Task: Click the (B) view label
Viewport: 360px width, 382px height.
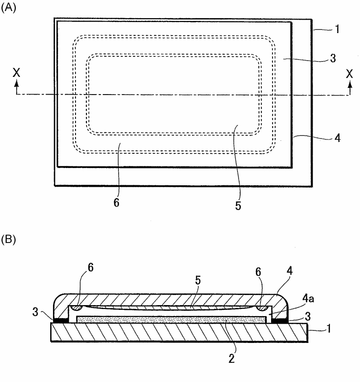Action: tap(8, 239)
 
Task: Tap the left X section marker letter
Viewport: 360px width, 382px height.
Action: tap(17, 73)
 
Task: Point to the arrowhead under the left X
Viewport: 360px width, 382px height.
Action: tap(17, 83)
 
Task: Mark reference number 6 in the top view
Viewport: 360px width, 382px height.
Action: tap(116, 202)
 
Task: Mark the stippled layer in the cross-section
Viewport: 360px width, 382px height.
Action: tap(170, 318)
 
